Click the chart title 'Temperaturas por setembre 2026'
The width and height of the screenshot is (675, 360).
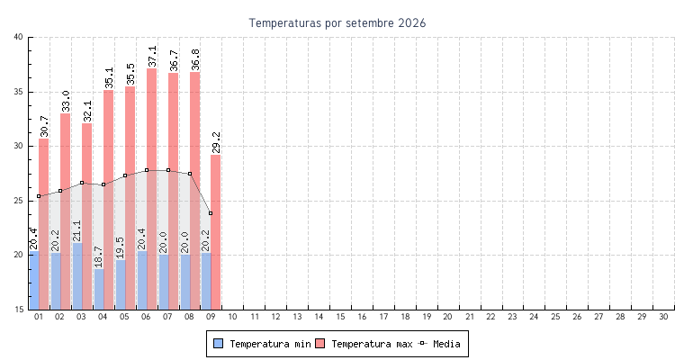(337, 22)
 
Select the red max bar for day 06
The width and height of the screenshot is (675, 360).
(151, 189)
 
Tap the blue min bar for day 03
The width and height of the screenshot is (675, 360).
(77, 276)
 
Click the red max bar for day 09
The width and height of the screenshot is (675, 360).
(216, 232)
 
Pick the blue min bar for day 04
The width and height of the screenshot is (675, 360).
(99, 289)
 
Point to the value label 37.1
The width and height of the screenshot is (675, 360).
(152, 57)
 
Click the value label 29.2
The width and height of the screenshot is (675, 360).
(216, 142)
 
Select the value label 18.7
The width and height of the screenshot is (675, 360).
(98, 256)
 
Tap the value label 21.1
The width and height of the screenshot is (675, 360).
(76, 230)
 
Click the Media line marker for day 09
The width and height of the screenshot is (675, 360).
(211, 213)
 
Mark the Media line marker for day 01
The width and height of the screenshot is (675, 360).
(39, 196)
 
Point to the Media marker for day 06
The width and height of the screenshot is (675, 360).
(147, 170)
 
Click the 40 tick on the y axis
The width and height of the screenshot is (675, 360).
(18, 37)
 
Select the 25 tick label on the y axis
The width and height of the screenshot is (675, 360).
(18, 201)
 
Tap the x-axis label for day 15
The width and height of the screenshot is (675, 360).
(340, 317)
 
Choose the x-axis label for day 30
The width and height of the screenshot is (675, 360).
(663, 317)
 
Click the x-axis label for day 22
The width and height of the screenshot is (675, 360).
(490, 317)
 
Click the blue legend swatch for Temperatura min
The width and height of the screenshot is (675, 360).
(219, 344)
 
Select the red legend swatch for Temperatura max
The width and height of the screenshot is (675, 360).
(319, 344)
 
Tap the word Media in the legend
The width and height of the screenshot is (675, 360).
(446, 344)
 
